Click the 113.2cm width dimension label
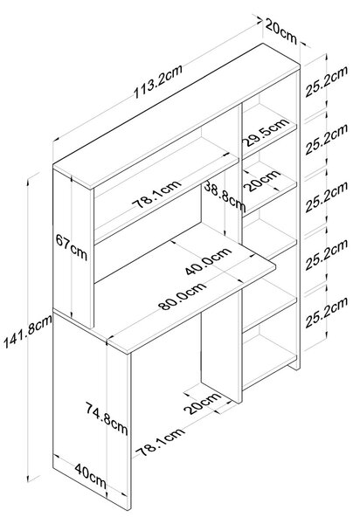(158, 81)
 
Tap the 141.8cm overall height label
(27, 331)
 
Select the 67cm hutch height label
(71, 248)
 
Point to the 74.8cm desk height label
(107, 418)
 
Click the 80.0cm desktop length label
(183, 296)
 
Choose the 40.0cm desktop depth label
(209, 260)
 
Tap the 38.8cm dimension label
(225, 196)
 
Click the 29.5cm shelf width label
(267, 132)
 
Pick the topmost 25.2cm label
(326, 81)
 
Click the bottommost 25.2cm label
(326, 312)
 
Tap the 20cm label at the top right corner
(281, 31)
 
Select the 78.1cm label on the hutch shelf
(156, 194)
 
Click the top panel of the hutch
(177, 116)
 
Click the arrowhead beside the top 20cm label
(259, 21)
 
